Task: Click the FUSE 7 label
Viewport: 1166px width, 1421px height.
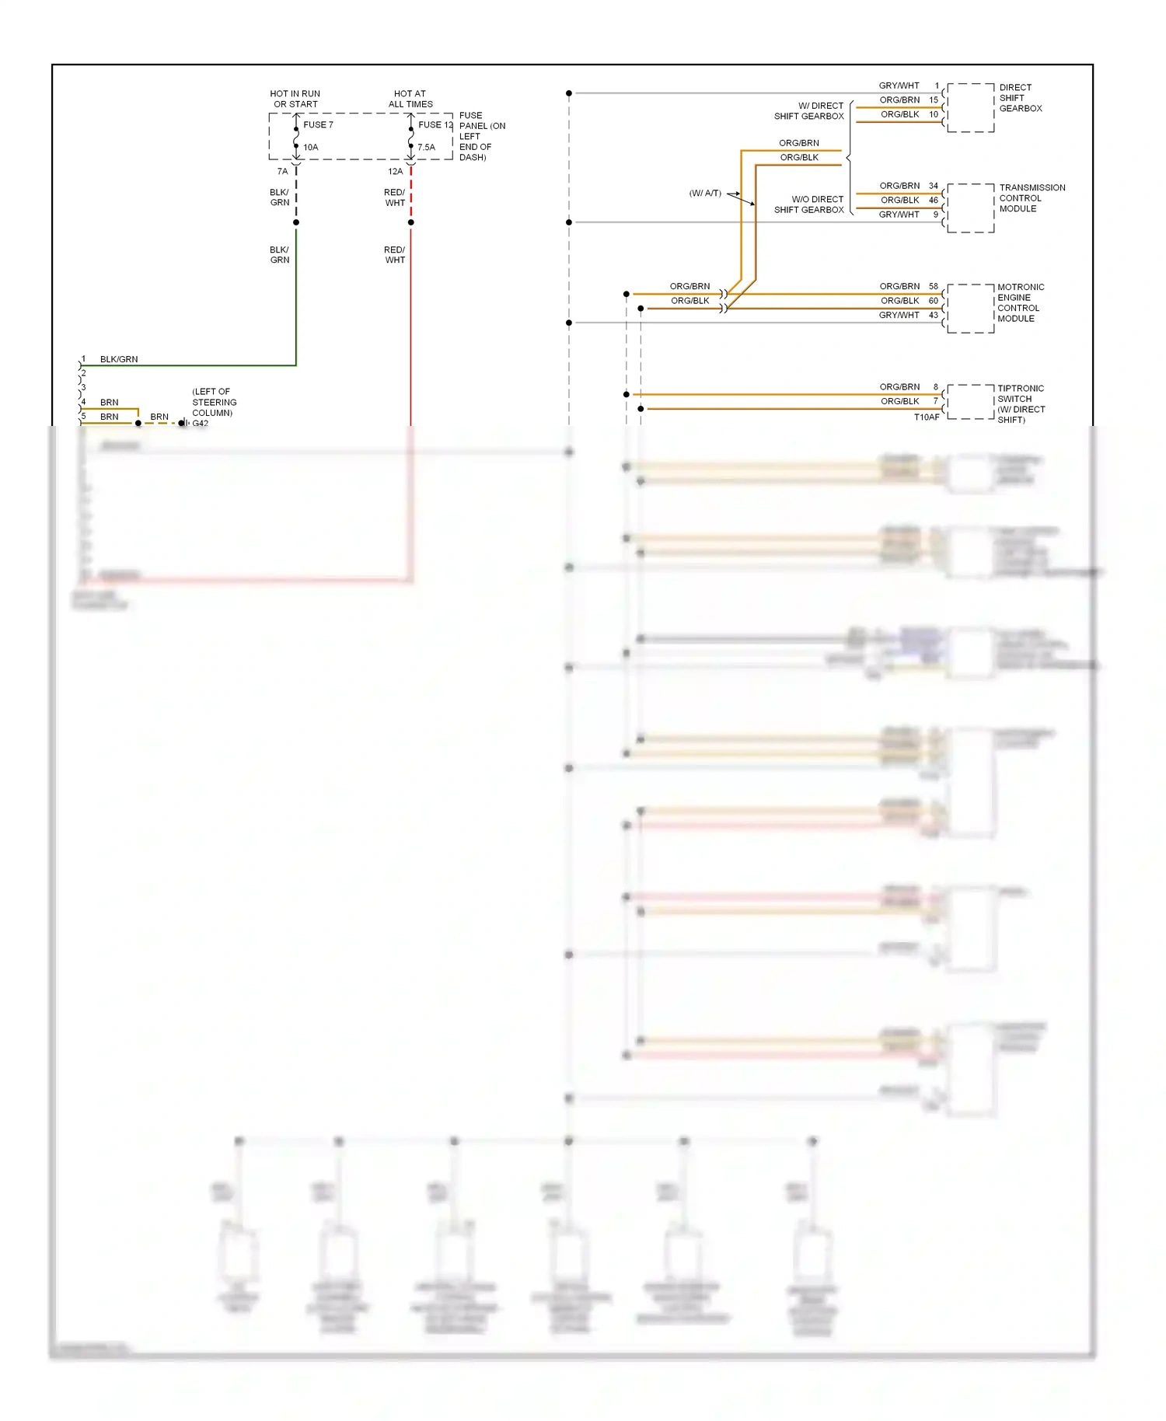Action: click(x=318, y=124)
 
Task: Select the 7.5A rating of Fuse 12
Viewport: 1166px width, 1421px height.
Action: click(x=426, y=147)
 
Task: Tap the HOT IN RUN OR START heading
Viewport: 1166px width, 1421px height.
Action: click(x=295, y=99)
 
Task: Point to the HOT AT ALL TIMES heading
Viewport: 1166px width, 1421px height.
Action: click(x=410, y=99)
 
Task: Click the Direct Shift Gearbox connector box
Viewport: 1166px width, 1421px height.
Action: click(x=970, y=107)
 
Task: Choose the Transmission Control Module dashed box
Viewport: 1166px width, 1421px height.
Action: click(x=970, y=208)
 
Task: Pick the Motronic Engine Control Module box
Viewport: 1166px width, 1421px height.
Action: click(x=970, y=309)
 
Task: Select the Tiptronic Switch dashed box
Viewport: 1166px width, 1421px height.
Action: click(x=970, y=402)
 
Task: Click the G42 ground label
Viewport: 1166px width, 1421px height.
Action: click(x=201, y=424)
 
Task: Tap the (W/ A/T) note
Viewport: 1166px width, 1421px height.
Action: click(x=705, y=193)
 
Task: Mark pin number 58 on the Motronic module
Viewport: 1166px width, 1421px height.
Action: click(x=934, y=286)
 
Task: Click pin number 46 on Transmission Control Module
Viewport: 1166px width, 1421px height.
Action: click(x=934, y=200)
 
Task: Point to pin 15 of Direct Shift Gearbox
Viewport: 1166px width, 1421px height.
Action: click(x=934, y=100)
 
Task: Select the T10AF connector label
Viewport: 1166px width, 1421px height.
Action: click(x=927, y=417)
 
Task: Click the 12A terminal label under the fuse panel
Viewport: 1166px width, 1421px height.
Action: click(x=395, y=171)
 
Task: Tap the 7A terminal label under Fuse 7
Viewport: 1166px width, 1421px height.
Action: click(x=282, y=171)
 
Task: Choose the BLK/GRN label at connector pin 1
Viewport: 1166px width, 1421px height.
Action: click(x=119, y=359)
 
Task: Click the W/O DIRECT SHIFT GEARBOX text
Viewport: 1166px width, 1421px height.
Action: click(x=808, y=204)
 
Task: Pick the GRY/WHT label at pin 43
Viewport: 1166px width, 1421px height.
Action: click(x=899, y=315)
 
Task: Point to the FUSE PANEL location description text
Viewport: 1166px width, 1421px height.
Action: click(x=482, y=136)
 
